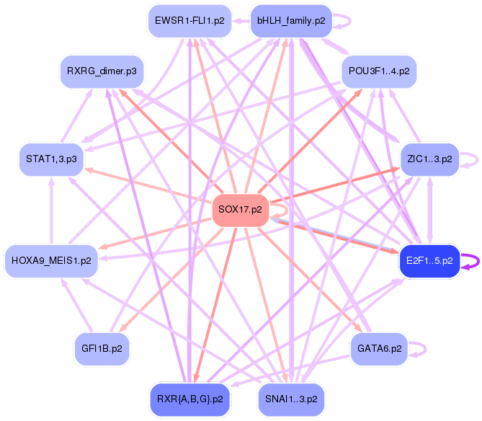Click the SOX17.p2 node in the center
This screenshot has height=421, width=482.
240,211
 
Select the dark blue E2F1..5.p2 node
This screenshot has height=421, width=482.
429,261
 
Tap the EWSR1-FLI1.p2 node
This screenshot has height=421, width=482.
189,21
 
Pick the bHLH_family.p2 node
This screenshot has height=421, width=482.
290,21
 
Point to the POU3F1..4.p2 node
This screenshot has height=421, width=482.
379,73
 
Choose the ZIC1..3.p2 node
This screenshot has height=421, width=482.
429,159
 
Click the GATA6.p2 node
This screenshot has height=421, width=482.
379,349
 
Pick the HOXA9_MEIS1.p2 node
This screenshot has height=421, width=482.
51,260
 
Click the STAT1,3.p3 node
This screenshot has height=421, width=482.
50,159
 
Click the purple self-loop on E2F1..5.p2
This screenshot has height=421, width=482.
470,261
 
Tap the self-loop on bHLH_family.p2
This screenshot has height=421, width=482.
344,21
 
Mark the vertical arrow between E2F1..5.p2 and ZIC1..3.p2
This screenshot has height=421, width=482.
431,209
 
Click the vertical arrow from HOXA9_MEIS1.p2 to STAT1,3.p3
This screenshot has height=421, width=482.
50,209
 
